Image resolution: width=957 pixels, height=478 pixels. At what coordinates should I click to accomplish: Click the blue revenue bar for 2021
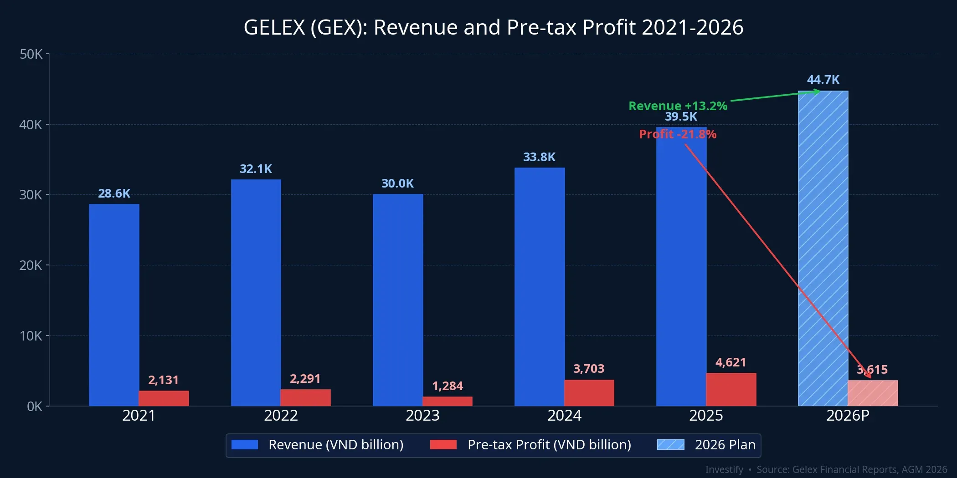click(x=114, y=305)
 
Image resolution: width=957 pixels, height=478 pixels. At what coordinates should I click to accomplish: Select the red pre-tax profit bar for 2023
click(x=448, y=401)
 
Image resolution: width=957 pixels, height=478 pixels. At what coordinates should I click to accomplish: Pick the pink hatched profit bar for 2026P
click(x=873, y=393)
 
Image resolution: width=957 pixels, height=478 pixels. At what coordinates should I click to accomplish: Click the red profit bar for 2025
click(x=731, y=390)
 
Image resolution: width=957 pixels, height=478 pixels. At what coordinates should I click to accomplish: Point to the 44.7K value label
click(x=823, y=80)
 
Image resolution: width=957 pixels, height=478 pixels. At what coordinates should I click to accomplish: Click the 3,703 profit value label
click(x=589, y=369)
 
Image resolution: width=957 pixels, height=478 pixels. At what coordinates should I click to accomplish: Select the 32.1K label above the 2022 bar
click(x=256, y=169)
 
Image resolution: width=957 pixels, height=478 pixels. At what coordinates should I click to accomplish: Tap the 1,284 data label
click(x=448, y=386)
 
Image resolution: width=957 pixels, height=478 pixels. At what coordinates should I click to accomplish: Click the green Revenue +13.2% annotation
click(x=678, y=106)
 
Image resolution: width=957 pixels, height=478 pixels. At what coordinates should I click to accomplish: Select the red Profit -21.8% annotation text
click(x=678, y=134)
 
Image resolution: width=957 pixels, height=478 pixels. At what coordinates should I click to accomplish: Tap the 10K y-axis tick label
click(x=31, y=336)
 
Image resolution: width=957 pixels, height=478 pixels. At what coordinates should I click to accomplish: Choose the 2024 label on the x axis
click(x=564, y=416)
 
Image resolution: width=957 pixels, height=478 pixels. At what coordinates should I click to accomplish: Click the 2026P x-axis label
click(x=848, y=416)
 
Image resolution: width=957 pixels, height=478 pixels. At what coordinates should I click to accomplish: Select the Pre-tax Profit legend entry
click(x=549, y=445)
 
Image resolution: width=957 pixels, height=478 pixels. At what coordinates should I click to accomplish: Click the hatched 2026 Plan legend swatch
click(x=670, y=445)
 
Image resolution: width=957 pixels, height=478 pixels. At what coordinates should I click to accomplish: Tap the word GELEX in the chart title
click(x=274, y=27)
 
